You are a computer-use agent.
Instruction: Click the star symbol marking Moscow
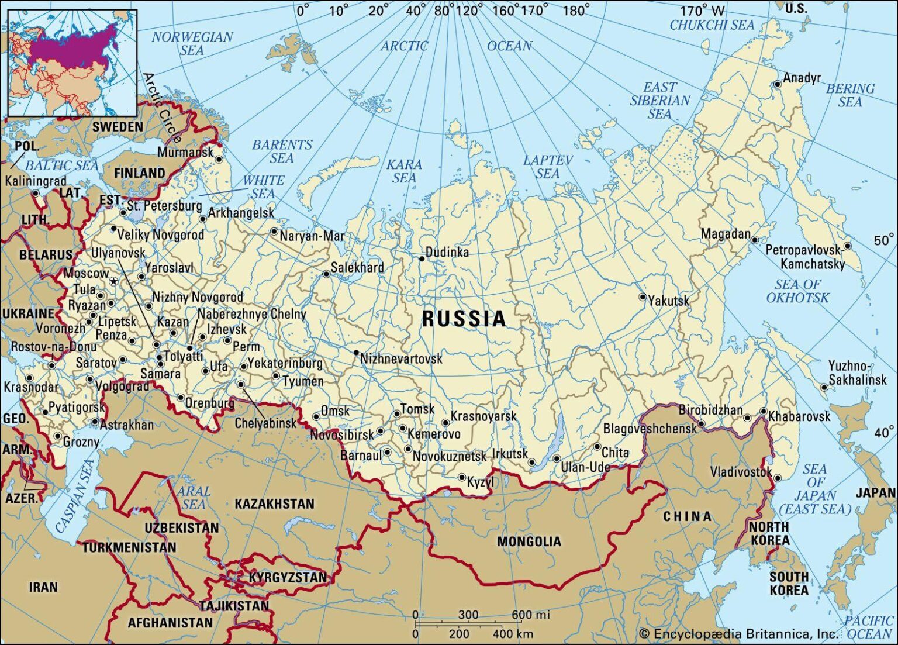point(114,282)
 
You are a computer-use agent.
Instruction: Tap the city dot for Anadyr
point(778,84)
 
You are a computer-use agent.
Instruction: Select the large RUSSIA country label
point(464,319)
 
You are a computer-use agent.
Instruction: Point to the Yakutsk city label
point(669,301)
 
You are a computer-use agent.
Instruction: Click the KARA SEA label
point(404,171)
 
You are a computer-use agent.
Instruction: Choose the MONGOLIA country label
point(529,542)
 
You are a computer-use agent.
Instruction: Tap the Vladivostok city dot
point(778,478)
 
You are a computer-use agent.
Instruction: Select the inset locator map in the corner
point(72,63)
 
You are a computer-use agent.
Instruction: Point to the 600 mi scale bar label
point(531,615)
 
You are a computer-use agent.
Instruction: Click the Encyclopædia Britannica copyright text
point(738,634)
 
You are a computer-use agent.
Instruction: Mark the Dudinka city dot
point(422,258)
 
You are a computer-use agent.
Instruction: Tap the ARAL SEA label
point(193,498)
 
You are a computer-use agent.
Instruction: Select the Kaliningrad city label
point(36,181)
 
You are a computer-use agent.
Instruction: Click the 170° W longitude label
point(702,11)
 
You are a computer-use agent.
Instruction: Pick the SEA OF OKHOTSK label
point(797,291)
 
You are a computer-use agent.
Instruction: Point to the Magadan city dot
point(755,240)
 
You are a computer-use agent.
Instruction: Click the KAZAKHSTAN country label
point(274,504)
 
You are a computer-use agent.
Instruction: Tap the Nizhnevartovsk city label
point(401,358)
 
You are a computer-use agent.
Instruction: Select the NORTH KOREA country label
point(769,533)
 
